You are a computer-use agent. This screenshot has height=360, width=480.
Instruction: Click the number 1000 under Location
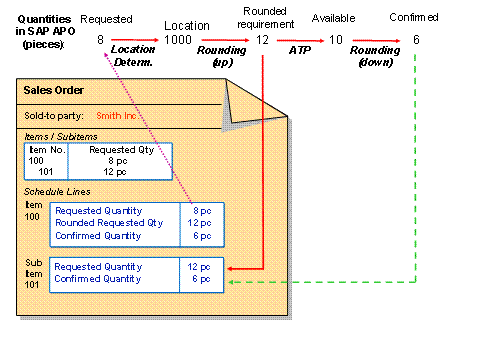pyautogui.click(x=179, y=39)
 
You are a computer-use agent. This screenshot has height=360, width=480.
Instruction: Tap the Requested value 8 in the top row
pyautogui.click(x=101, y=39)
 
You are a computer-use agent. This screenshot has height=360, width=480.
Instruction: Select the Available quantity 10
pyautogui.click(x=336, y=39)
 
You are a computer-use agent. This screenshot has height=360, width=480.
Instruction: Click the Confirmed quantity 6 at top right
pyautogui.click(x=415, y=39)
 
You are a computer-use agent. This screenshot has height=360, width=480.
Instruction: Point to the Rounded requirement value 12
pyautogui.click(x=262, y=39)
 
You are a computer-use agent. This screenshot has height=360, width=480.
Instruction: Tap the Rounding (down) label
pyautogui.click(x=375, y=55)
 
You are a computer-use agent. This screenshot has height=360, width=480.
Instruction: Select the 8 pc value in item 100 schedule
pyautogui.click(x=201, y=211)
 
